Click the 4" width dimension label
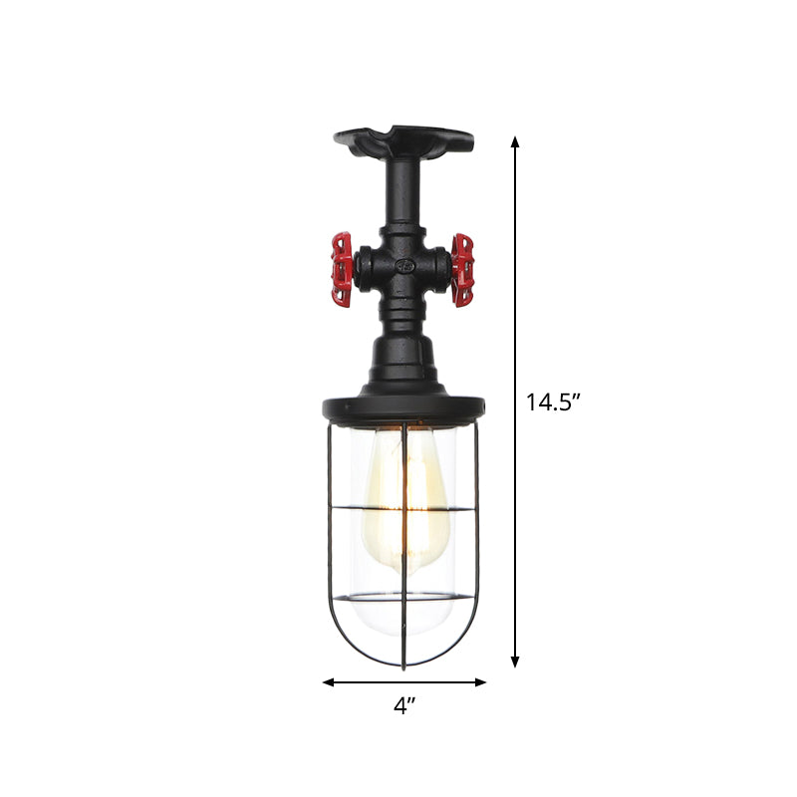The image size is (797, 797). point(404,706)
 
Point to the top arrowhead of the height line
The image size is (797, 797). point(515,142)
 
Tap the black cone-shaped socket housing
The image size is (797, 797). point(403,364)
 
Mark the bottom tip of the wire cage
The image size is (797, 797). point(402,665)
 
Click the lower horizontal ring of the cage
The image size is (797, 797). point(403,599)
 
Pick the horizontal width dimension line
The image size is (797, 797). point(404,682)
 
